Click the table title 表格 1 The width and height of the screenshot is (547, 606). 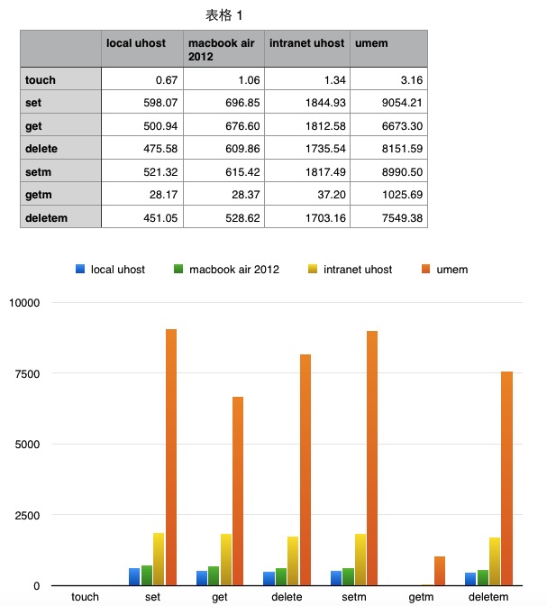224,15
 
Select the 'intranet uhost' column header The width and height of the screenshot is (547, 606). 306,42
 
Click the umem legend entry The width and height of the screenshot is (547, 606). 446,269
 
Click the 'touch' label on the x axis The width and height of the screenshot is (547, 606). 85,597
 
